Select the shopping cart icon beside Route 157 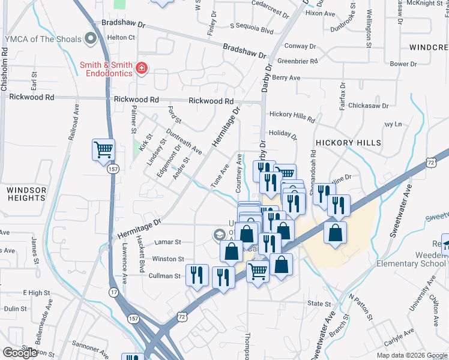[103, 149]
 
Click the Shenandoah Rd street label [313, 162]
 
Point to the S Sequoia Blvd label [252, 29]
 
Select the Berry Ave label [286, 78]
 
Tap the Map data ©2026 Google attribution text [412, 355]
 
